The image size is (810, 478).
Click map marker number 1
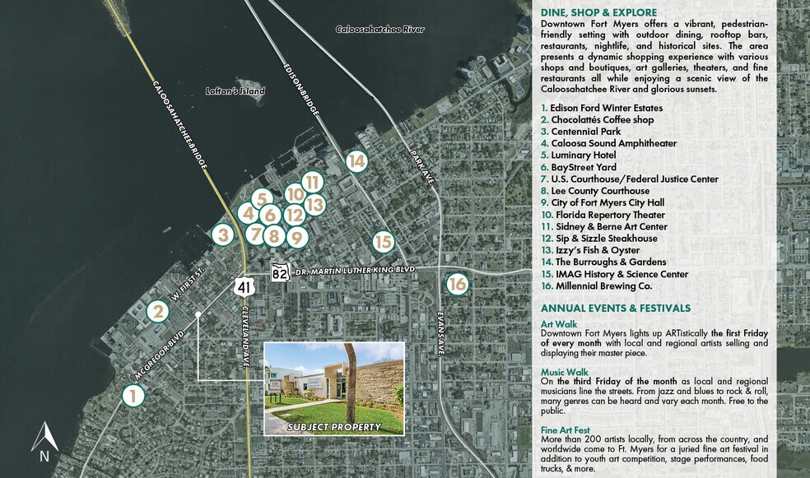(133, 396)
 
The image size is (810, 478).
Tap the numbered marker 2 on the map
(158, 312)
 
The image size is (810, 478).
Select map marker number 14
(356, 161)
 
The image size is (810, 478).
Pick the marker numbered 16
(458, 284)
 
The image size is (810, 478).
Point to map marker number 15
(384, 242)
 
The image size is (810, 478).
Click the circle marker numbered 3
(221, 234)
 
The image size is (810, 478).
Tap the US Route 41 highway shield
(243, 286)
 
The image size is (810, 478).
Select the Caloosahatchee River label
(379, 30)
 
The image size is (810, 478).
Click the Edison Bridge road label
(300, 87)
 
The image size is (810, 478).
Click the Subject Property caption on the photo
(333, 427)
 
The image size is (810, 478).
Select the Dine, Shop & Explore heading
(598, 12)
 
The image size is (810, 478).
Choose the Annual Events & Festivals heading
(615, 308)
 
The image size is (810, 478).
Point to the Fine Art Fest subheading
(565, 430)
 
